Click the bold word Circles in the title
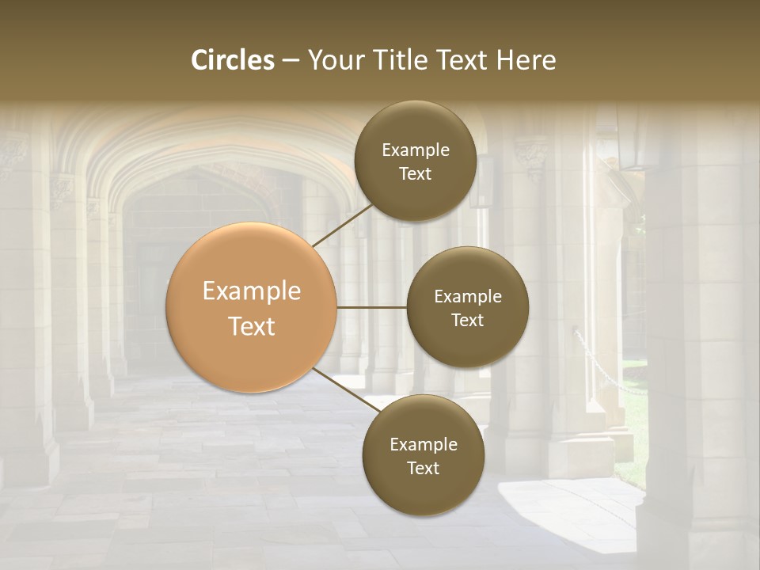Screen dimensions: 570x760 click(x=233, y=60)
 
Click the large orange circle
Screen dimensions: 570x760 click(x=252, y=307)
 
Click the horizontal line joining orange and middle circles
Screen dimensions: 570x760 click(x=372, y=307)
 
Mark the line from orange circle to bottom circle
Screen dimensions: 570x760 click(x=347, y=389)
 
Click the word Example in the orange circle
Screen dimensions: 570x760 click(x=252, y=291)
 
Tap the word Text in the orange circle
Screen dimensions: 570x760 click(x=252, y=326)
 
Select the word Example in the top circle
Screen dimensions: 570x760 click(x=416, y=150)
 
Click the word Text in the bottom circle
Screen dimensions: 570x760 click(x=423, y=468)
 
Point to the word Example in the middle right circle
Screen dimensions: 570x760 click(x=468, y=297)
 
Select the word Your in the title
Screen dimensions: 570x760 click(x=332, y=60)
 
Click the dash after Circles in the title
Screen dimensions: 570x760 click(x=291, y=61)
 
